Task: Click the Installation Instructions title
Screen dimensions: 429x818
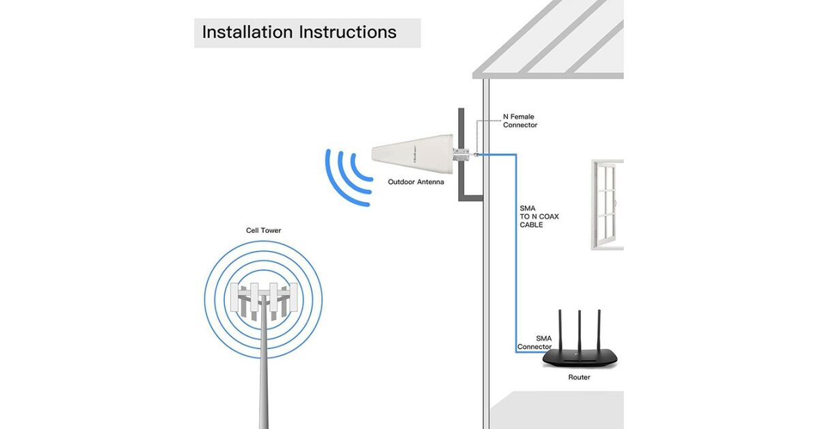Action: (299, 32)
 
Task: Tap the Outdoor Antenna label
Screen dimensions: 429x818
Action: (416, 182)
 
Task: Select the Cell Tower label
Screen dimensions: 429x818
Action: (263, 231)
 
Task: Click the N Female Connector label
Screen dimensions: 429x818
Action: (519, 121)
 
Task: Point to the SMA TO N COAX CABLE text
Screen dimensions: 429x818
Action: (539, 217)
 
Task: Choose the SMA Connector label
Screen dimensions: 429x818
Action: (535, 343)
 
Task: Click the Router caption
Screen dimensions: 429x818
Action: (579, 377)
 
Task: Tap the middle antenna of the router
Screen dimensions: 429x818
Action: (579, 331)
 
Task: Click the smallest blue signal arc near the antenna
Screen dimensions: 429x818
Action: (362, 168)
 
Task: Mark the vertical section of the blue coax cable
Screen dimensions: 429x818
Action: (516, 252)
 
